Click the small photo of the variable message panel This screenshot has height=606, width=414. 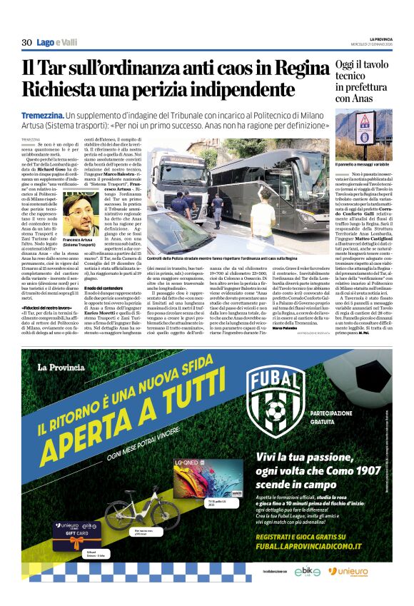(x=365, y=135)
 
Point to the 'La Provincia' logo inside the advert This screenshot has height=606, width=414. (x=65, y=368)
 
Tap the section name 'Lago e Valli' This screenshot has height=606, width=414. (x=57, y=43)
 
